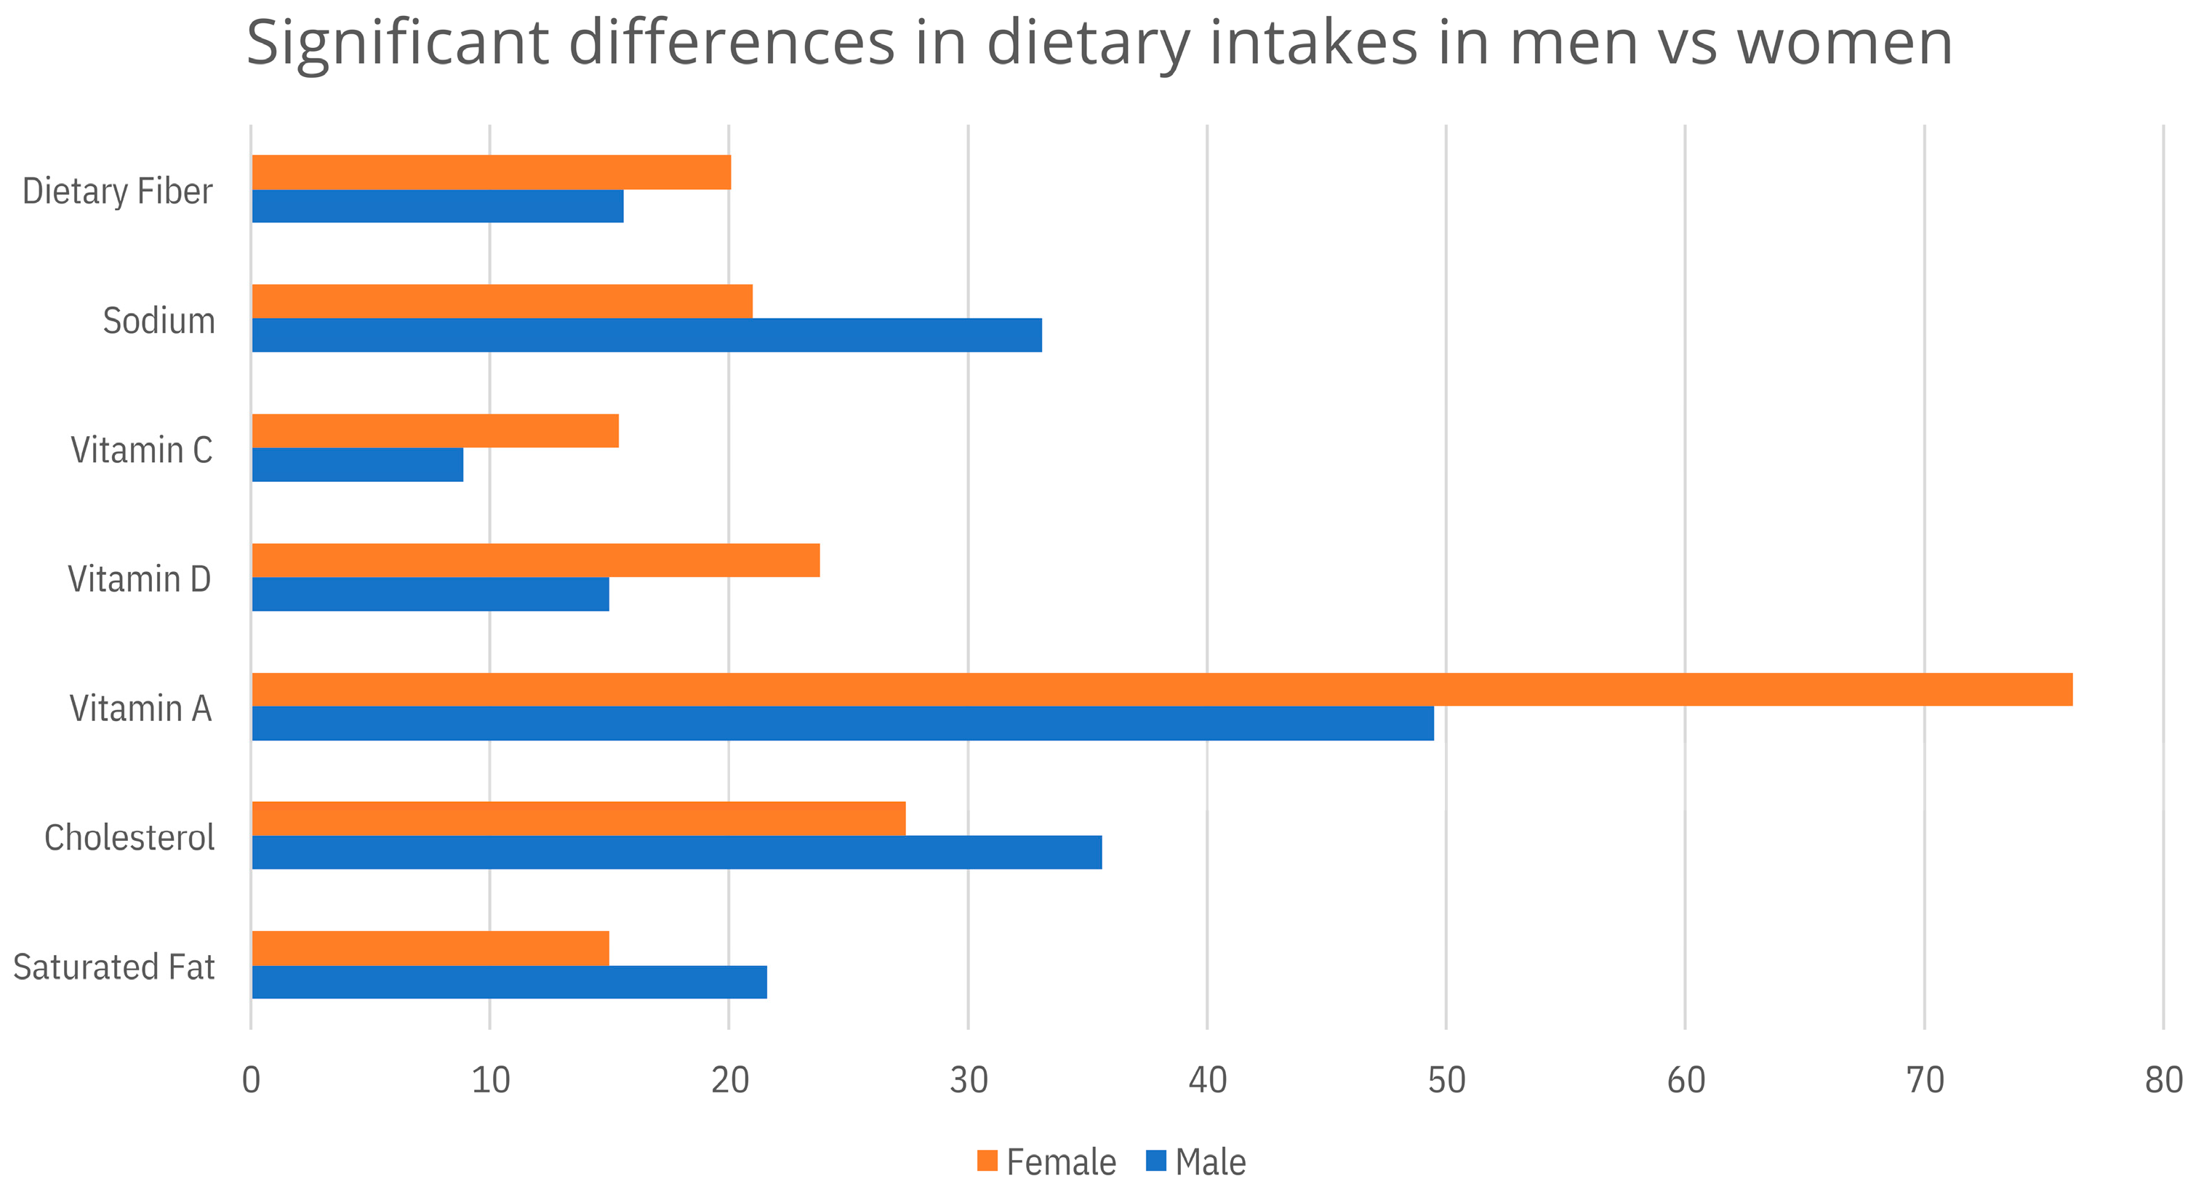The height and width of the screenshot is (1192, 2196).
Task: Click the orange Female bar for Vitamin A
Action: click(x=1162, y=689)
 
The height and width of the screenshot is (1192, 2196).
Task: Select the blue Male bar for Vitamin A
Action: click(x=843, y=723)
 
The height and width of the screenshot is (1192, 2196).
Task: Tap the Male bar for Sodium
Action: click(x=647, y=335)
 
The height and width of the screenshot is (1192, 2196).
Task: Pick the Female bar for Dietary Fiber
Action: click(x=492, y=172)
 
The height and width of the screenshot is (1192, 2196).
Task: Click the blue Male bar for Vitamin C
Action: click(x=358, y=464)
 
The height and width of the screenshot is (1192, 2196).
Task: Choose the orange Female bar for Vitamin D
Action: click(x=536, y=560)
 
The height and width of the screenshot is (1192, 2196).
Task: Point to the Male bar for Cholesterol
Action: click(x=677, y=852)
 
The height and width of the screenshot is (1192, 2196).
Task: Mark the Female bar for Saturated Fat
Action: click(x=430, y=949)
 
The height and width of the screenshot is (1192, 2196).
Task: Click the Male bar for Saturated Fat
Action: click(x=510, y=981)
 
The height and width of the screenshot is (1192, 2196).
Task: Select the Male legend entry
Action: click(x=1196, y=1162)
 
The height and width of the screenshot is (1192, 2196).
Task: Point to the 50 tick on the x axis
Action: click(x=1446, y=1080)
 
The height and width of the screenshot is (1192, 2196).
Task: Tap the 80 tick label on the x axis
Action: click(x=2163, y=1080)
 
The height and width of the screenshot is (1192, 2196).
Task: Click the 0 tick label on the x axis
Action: click(x=251, y=1080)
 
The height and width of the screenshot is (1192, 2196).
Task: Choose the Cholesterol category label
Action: click(x=129, y=837)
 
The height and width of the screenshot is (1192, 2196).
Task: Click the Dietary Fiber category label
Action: click(x=118, y=192)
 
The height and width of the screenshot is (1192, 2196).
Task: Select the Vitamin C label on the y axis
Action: click(x=142, y=450)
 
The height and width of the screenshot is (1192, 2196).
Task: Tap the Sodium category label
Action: click(x=159, y=321)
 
